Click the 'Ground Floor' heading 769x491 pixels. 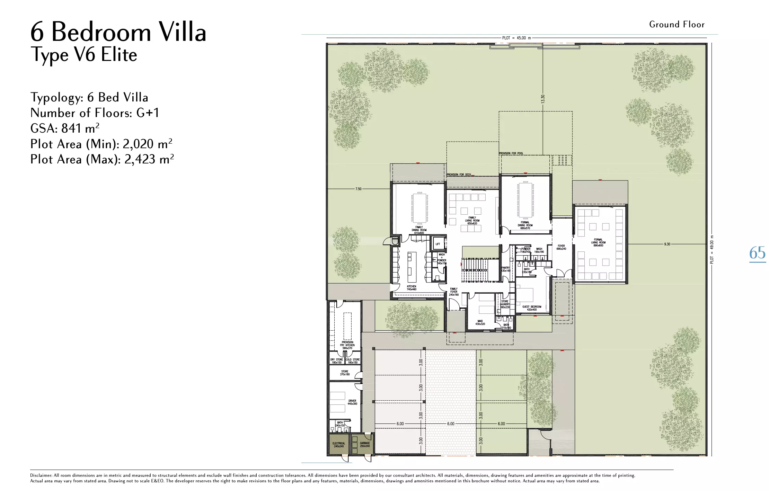[677, 25]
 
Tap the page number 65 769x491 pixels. [757, 253]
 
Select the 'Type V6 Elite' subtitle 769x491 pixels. [84, 55]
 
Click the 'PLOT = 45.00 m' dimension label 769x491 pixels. [516, 38]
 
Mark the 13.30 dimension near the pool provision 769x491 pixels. [543, 99]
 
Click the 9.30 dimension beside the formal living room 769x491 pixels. [667, 244]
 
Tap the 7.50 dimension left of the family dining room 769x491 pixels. [358, 189]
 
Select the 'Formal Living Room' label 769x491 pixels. [598, 242]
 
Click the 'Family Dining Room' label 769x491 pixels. [419, 230]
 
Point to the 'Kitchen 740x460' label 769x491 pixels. [412, 288]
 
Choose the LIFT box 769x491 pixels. [438, 244]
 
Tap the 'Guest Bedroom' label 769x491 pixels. [532, 308]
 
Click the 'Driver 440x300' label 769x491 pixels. [352, 402]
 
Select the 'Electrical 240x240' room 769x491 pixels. [338, 445]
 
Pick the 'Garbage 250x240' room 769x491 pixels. [364, 444]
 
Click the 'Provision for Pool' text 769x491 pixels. [511, 153]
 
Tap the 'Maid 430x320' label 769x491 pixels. [480, 322]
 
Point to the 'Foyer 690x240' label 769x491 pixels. [561, 247]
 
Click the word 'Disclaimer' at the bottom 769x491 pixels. [41, 475]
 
